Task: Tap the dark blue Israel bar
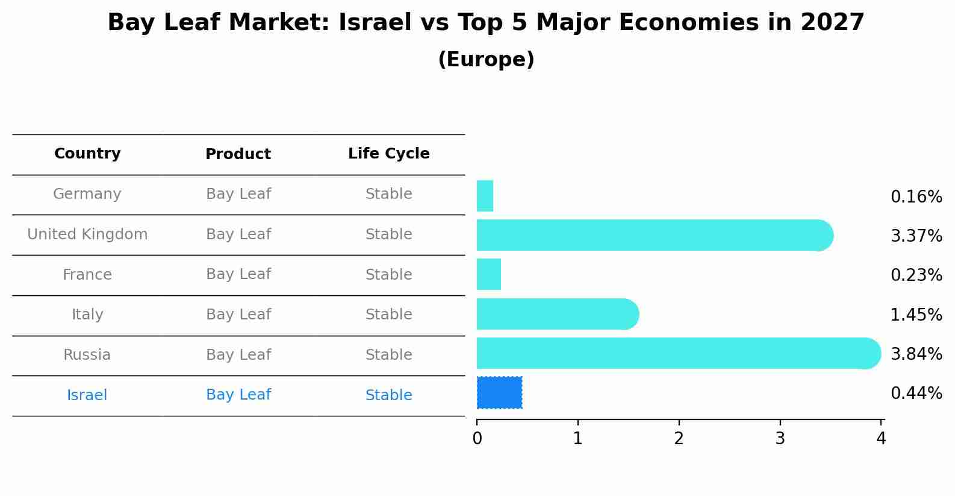tap(499, 392)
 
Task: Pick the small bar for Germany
tap(485, 196)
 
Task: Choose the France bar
tap(488, 274)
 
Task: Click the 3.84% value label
tap(916, 354)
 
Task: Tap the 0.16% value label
tap(916, 197)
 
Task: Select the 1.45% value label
tap(916, 315)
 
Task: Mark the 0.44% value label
tap(916, 394)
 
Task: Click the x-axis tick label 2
tap(679, 439)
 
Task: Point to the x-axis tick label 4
tap(881, 439)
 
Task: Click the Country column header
tap(87, 154)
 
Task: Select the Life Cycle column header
tap(388, 154)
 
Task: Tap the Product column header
tap(238, 154)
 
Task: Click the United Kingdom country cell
tap(87, 234)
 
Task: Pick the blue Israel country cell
tap(87, 395)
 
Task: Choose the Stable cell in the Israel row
tap(388, 395)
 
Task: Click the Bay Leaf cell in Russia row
tap(238, 355)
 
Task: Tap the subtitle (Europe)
tap(486, 60)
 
